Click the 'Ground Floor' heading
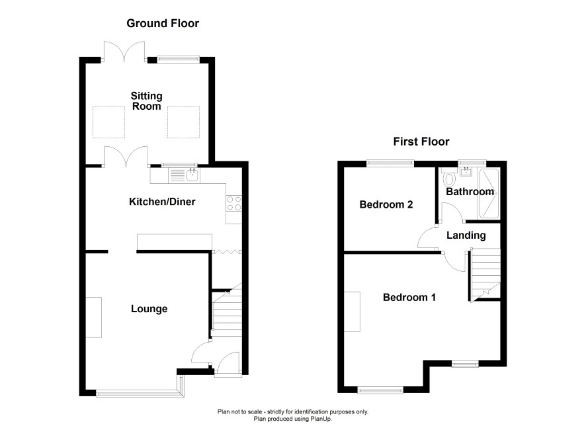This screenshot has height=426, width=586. pyautogui.click(x=163, y=23)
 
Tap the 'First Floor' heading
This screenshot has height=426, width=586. pyautogui.click(x=421, y=142)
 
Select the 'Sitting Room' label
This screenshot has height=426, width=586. pyautogui.click(x=147, y=101)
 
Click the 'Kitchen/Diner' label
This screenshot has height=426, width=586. pyautogui.click(x=162, y=202)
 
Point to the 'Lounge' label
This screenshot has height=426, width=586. pyautogui.click(x=149, y=309)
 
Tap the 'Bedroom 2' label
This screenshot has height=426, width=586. pyautogui.click(x=386, y=204)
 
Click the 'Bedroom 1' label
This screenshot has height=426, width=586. pyautogui.click(x=409, y=298)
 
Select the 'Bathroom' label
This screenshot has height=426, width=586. pyautogui.click(x=470, y=192)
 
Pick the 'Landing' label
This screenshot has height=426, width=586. pyautogui.click(x=466, y=235)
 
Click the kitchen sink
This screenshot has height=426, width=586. pyautogui.click(x=184, y=175)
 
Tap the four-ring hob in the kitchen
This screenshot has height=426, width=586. pyautogui.click(x=234, y=204)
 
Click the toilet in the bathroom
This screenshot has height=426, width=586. pyautogui.click(x=448, y=177)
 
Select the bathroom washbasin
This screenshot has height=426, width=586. pyautogui.click(x=466, y=172)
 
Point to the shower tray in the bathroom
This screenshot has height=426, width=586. pyautogui.click(x=489, y=194)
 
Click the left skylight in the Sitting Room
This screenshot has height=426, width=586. pyautogui.click(x=108, y=122)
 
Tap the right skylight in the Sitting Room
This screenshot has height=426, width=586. pyautogui.click(x=183, y=122)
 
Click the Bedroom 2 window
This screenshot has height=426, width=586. pyautogui.click(x=390, y=163)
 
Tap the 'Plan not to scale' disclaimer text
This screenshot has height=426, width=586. pyautogui.click(x=293, y=412)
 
